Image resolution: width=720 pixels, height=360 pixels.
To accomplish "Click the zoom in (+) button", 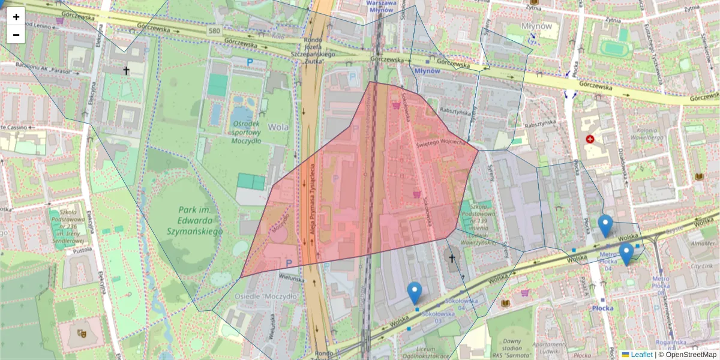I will [x=16, y=17].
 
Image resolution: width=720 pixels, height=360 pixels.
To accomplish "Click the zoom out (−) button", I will [x=16, y=35].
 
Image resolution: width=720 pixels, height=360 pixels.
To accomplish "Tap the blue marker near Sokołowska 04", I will [x=414, y=293].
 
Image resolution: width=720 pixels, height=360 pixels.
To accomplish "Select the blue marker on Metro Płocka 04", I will [x=626, y=253].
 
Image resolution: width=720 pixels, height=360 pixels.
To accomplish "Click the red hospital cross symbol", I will [x=590, y=139].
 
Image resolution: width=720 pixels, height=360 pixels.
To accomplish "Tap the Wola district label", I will [x=278, y=127].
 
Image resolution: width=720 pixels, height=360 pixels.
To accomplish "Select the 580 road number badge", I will [x=214, y=30].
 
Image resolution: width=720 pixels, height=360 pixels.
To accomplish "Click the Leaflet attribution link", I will [x=641, y=355].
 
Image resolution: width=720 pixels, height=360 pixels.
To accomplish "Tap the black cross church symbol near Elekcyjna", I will [x=126, y=70].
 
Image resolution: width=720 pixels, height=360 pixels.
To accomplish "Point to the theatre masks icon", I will [x=82, y=332].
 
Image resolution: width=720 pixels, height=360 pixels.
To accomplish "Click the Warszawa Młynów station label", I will [x=382, y=5].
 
